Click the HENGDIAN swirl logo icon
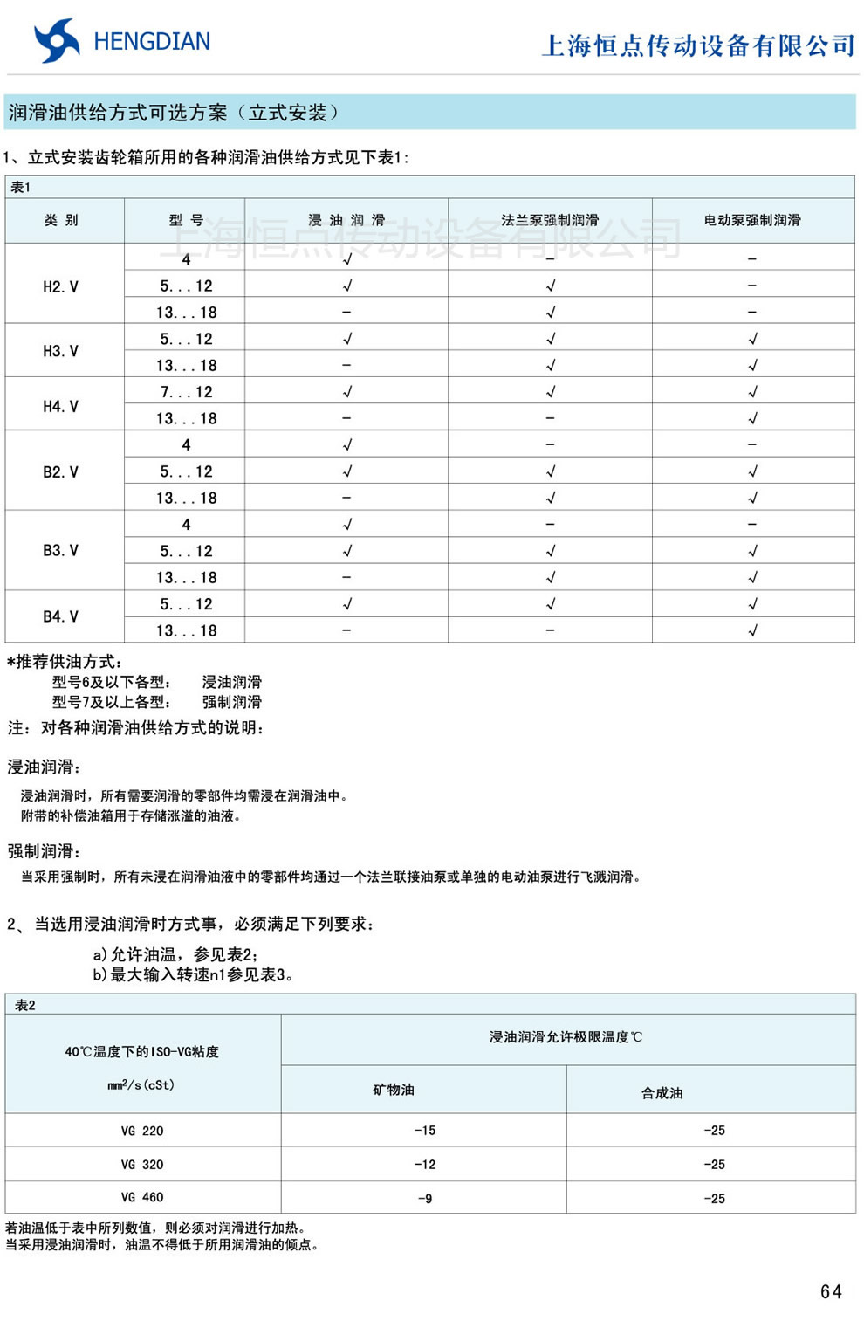tap(57, 41)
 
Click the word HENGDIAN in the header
tap(152, 42)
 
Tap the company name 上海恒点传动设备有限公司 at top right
tap(697, 45)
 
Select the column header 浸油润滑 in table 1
tap(346, 220)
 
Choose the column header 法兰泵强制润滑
tap(550, 220)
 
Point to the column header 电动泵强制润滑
tap(752, 220)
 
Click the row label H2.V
tap(61, 286)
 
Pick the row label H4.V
tap(61, 406)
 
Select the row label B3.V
tap(61, 550)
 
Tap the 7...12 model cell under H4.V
tap(186, 392)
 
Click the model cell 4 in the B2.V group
tap(186, 445)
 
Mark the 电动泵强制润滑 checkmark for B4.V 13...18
tap(752, 630)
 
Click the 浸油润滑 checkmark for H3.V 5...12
tap(346, 339)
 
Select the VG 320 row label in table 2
tap(142, 1164)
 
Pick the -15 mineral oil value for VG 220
tap(424, 1131)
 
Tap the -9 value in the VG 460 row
tap(424, 1198)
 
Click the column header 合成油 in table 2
tap(662, 1092)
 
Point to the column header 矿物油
tap(394, 1090)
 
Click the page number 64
tap(831, 1291)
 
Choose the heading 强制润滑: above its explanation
tap(45, 851)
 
